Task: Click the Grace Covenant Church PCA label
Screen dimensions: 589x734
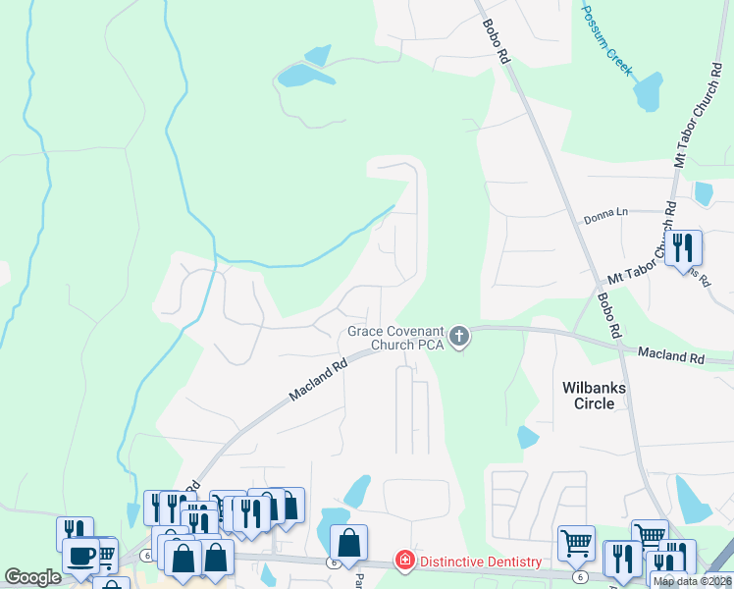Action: point(396,338)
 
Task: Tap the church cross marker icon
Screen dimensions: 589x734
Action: point(458,339)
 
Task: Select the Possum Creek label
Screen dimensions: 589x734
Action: point(608,39)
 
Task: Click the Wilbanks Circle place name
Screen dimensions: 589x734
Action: point(595,396)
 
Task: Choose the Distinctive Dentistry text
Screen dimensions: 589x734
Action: point(481,562)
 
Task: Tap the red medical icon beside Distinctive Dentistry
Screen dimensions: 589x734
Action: point(403,561)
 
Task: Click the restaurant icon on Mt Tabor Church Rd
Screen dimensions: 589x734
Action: point(683,247)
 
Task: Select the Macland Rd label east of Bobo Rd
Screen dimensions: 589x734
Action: point(671,355)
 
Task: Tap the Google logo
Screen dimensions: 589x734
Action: point(32,577)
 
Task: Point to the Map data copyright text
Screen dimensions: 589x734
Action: point(693,581)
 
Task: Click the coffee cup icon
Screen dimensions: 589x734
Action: point(80,556)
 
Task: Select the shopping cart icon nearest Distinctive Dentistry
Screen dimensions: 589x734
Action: point(576,542)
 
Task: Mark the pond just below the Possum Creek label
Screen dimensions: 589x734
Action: point(648,92)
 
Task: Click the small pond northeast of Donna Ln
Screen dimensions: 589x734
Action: point(704,193)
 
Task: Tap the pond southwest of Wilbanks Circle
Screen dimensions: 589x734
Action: point(528,437)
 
